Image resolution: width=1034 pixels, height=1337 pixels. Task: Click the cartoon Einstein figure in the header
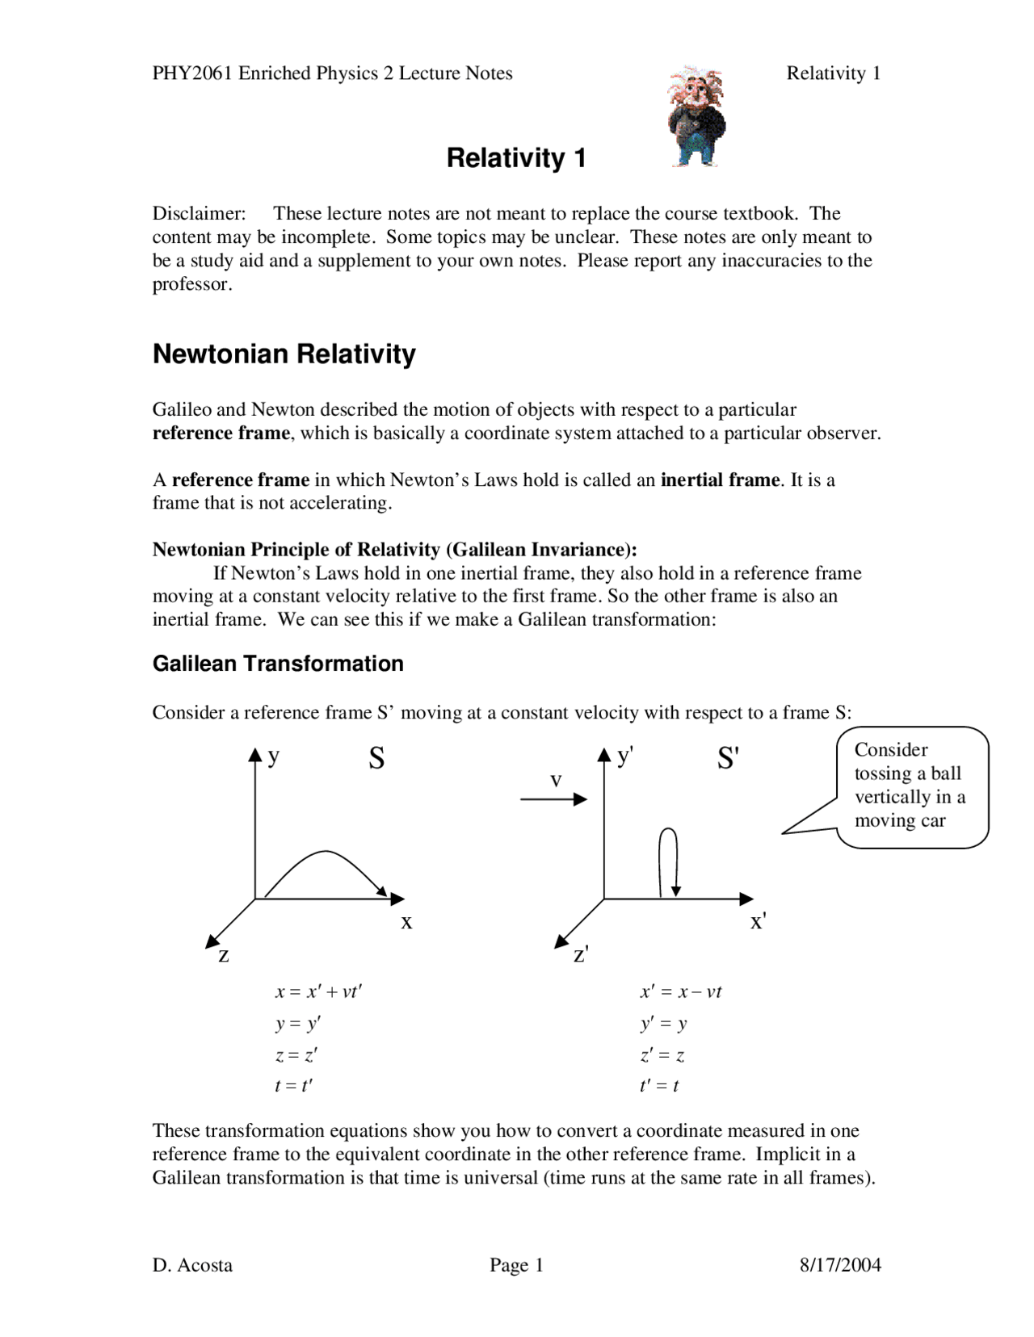click(x=696, y=117)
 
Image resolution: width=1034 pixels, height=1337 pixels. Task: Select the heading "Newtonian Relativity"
click(x=284, y=354)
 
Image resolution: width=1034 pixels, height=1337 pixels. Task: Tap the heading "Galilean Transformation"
click(x=278, y=664)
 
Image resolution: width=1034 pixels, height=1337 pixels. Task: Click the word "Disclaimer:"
click(x=199, y=214)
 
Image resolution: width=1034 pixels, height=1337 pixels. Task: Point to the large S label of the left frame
click(x=376, y=758)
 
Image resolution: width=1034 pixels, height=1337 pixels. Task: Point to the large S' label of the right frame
click(x=728, y=758)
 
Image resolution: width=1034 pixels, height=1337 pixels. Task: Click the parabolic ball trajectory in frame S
click(x=326, y=853)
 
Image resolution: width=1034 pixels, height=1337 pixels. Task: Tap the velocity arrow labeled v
click(x=554, y=798)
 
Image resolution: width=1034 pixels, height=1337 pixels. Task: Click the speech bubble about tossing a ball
click(x=911, y=786)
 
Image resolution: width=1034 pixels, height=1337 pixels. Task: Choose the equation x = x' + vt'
click(x=318, y=992)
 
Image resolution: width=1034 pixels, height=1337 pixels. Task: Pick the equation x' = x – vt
click(x=681, y=992)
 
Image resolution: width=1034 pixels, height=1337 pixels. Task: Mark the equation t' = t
click(x=659, y=1086)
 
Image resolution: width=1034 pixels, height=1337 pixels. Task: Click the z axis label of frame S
click(x=224, y=956)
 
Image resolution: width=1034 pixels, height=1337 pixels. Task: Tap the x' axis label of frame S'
click(x=758, y=921)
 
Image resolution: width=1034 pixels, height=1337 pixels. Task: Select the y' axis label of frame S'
click(x=624, y=757)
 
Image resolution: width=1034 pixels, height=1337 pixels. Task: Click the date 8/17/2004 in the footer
click(x=840, y=1265)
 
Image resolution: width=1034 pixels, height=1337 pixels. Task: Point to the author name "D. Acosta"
click(x=192, y=1265)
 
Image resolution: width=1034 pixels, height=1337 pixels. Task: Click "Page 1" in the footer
click(x=516, y=1265)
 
